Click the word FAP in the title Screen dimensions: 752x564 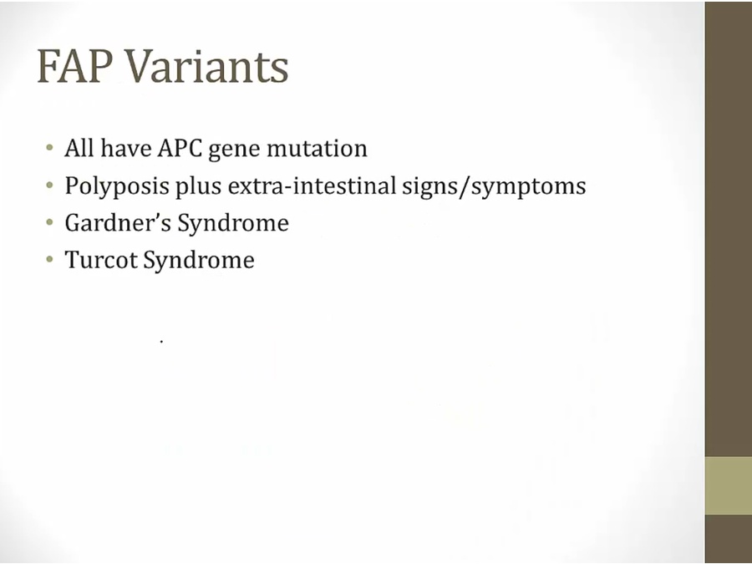tap(75, 66)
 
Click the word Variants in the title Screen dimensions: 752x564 tap(207, 66)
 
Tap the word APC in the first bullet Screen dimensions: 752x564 tap(180, 148)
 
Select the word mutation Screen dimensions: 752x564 tap(317, 148)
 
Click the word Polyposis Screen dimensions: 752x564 tap(117, 186)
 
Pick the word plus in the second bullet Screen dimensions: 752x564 tap(198, 186)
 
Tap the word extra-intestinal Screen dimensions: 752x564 tap(312, 185)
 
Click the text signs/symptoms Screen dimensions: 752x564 tap(494, 186)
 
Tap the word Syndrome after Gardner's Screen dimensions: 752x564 tap(233, 224)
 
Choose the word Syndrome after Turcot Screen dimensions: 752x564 tap(199, 261)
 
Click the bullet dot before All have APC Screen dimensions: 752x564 tap(49, 147)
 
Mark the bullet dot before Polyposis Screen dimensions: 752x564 tap(49, 185)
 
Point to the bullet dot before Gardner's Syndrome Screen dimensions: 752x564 tap(49, 222)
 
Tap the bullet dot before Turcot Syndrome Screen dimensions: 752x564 tap(49, 260)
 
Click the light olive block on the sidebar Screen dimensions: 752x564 tap(729, 485)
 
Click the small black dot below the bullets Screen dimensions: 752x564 tap(161, 342)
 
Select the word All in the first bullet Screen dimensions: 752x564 tap(79, 148)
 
